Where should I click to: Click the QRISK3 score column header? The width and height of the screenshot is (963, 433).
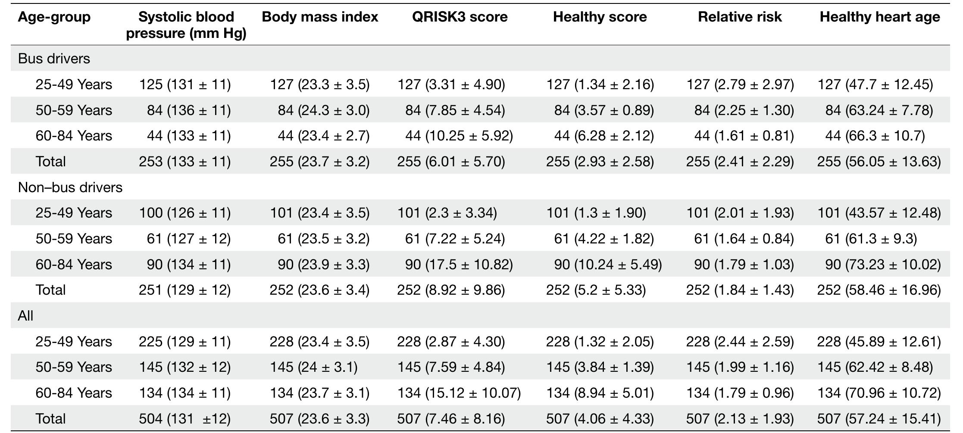click(x=460, y=17)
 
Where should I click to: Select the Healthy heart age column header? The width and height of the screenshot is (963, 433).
click(x=879, y=17)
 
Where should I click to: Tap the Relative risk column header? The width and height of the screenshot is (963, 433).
click(x=740, y=17)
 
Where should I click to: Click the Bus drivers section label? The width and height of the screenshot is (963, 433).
click(x=54, y=59)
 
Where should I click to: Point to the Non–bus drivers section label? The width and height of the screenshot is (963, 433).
click(x=70, y=187)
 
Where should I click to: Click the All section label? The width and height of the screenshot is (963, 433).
click(x=25, y=316)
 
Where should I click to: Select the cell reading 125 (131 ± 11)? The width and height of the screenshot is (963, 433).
click(x=184, y=84)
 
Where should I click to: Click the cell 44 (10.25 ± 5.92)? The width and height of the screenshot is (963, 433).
click(x=459, y=136)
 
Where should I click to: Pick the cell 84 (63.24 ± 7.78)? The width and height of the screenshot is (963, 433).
click(x=879, y=110)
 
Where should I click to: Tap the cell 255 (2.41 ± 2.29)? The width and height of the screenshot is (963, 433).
click(x=740, y=162)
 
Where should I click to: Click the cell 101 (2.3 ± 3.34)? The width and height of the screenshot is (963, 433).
click(x=447, y=213)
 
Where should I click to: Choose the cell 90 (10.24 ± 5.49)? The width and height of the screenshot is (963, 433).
click(x=608, y=265)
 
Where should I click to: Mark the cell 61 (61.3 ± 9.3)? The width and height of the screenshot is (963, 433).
click(x=871, y=239)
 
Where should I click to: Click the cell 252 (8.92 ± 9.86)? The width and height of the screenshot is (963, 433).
click(x=451, y=290)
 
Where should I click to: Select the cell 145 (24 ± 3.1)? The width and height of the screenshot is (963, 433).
click(x=313, y=367)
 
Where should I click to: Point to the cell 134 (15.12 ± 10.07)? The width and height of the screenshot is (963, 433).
click(x=459, y=393)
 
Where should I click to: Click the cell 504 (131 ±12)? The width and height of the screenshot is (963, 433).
click(x=184, y=419)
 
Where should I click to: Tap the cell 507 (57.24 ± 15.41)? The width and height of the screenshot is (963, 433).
click(x=879, y=419)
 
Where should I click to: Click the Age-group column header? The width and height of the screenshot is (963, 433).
click(x=54, y=17)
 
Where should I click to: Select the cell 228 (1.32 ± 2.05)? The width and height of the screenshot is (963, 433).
click(x=600, y=342)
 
